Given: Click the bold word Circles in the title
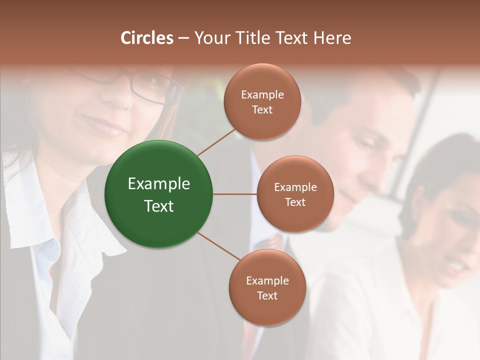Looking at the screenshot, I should tap(146, 38).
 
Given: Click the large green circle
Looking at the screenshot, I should tap(159, 194).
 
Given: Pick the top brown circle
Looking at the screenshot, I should tap(262, 102).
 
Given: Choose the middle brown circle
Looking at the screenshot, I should tap(295, 194).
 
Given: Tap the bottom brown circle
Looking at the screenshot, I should tap(267, 287).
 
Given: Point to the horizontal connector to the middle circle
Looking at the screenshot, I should tap(234, 194).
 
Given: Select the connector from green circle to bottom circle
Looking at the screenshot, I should tap(218, 246).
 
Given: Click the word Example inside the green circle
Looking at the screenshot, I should tap(159, 184).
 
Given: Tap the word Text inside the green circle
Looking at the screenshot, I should tap(159, 206).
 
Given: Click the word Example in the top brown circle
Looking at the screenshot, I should tap(262, 95).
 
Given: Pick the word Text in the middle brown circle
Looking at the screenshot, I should tap(295, 202).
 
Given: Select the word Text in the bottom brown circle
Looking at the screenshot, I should tap(267, 295).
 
